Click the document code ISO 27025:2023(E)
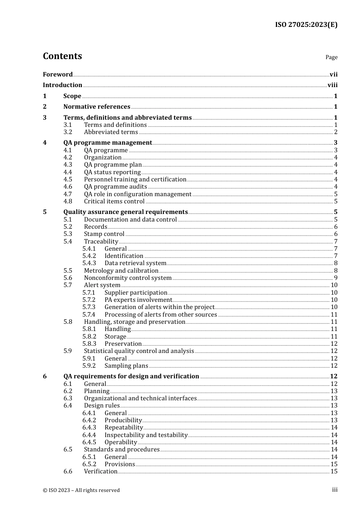[306, 25]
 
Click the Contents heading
[62, 56]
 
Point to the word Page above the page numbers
[331, 57]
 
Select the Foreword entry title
[58, 74]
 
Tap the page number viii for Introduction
[332, 85]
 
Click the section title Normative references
[97, 107]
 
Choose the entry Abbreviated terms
[111, 132]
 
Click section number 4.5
[67, 180]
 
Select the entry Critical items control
[114, 201]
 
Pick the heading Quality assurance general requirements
[125, 212]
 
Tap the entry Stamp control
[104, 234]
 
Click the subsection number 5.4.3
[89, 263]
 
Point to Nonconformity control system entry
[128, 278]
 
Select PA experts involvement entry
[138, 300]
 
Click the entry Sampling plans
[126, 366]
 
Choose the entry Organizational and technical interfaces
[140, 398]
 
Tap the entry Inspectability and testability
[146, 435]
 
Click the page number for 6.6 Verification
[334, 472]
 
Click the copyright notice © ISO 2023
[81, 490]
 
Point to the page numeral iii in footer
[335, 490]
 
